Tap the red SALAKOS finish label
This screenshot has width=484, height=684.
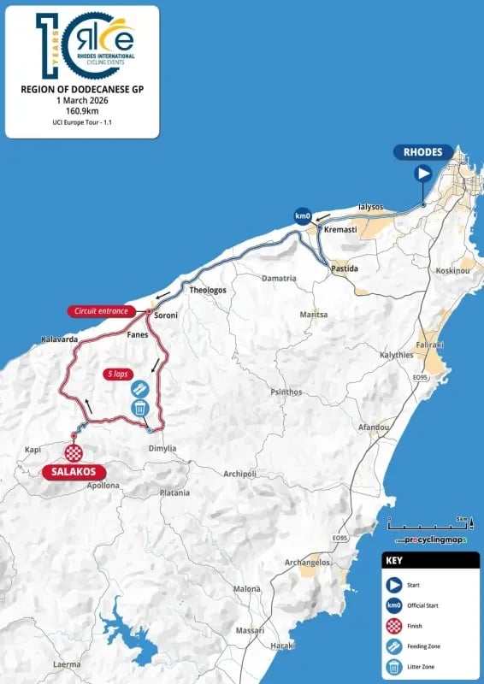[75, 471]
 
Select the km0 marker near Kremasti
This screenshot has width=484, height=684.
[302, 215]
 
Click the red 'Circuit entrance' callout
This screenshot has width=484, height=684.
[101, 311]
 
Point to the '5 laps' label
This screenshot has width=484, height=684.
[119, 374]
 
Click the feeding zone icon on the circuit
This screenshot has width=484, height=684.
[139, 389]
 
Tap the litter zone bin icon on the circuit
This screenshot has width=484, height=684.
[139, 408]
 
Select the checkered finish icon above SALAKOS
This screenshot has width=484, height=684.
[75, 452]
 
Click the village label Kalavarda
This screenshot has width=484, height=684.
[59, 340]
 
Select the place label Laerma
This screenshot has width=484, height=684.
[66, 663]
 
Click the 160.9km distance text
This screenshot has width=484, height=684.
[81, 111]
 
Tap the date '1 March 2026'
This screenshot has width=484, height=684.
[81, 99]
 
